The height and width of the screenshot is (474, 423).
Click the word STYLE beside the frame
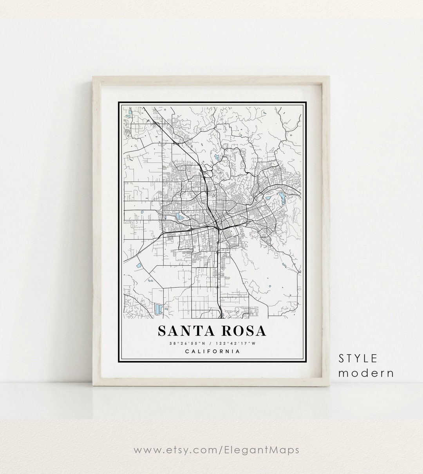[x=358, y=358]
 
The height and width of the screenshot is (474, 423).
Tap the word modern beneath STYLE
[x=366, y=373]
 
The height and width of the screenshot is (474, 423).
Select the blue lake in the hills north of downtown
[x=217, y=157]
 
